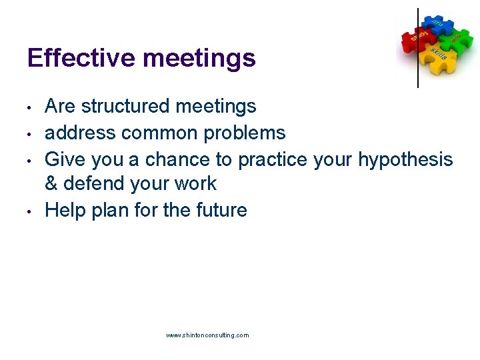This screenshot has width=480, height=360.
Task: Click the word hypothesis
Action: point(405,160)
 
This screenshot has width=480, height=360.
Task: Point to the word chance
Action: point(174,159)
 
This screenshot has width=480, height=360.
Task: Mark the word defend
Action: point(93,183)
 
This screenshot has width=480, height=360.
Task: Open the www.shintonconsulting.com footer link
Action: point(207,335)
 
